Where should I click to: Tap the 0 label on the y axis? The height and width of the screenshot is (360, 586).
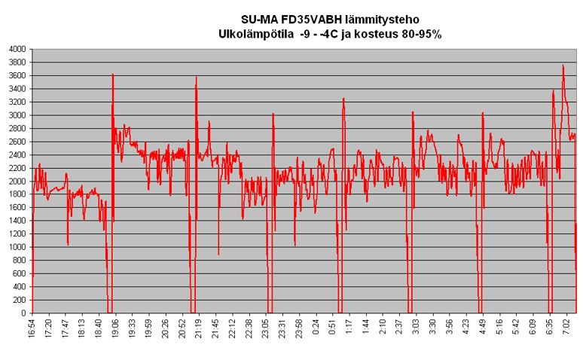click(23, 313)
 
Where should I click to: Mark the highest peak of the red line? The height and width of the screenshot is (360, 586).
click(563, 66)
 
